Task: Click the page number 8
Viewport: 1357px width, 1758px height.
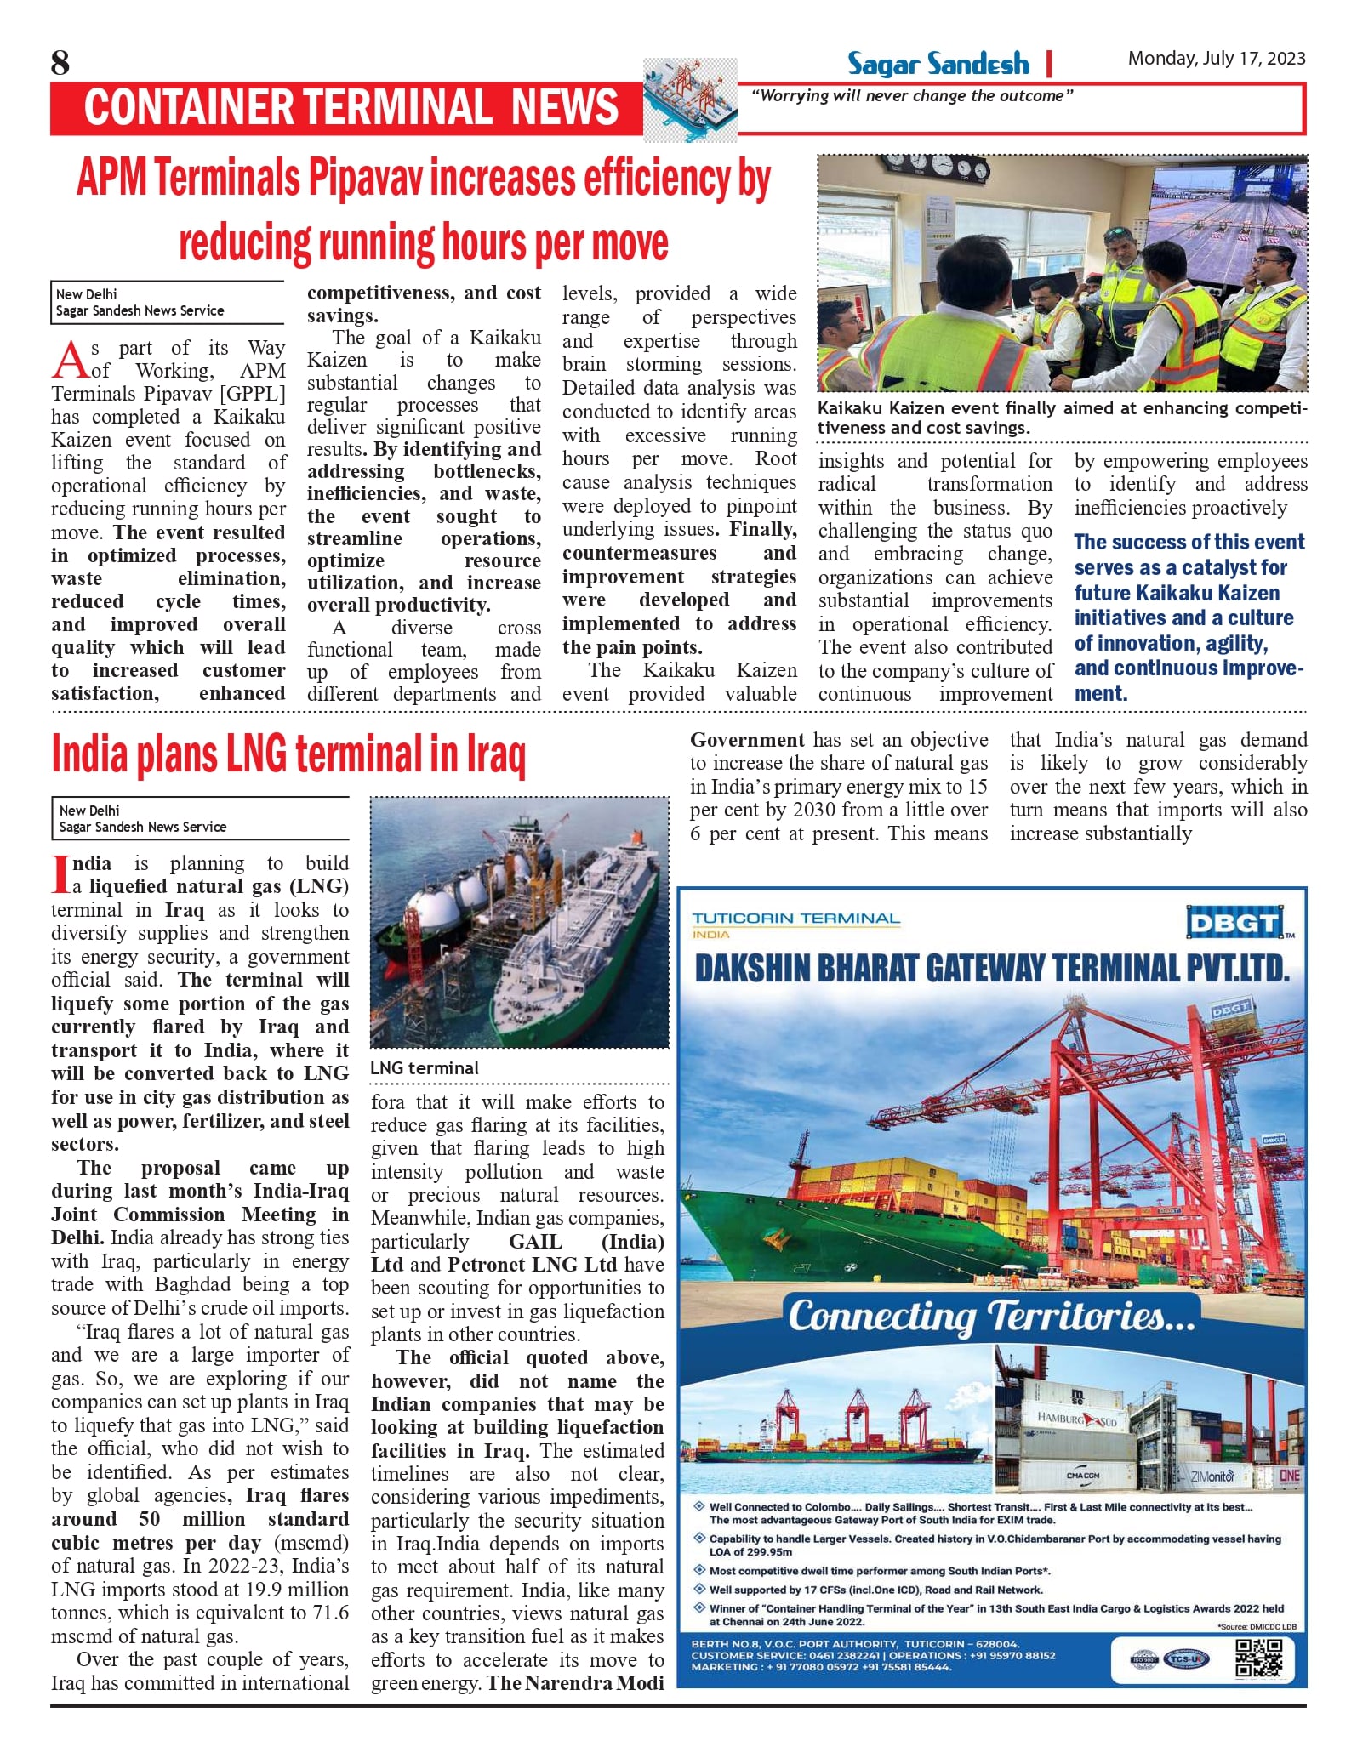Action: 60,63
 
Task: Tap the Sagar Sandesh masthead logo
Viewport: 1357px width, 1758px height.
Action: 938,64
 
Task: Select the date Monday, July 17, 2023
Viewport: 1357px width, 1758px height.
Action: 1216,58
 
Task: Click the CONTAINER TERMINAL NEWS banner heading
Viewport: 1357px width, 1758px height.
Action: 351,108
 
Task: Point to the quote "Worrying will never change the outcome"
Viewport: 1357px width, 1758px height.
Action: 911,96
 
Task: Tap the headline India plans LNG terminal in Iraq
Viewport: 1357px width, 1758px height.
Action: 288,754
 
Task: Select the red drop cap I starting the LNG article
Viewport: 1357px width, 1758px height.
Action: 60,874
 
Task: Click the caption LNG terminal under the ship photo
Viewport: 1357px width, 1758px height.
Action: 425,1068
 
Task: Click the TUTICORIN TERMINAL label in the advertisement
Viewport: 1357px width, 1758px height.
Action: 795,919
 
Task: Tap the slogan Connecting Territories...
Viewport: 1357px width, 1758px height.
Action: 991,1316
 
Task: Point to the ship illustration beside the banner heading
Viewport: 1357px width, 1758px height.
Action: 690,100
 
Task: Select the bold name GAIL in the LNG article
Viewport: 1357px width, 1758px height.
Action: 535,1242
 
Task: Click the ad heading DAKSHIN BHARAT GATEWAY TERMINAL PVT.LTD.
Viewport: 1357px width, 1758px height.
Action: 991,969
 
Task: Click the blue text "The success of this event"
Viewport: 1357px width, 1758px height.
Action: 1189,542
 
